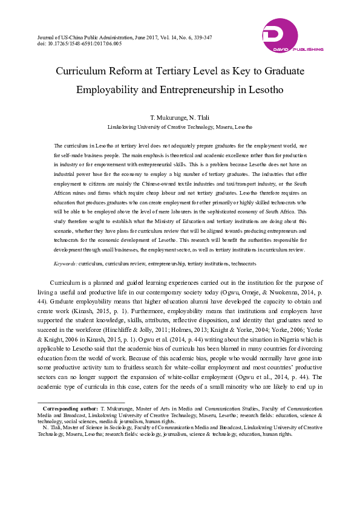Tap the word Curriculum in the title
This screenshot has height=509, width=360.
click(x=82, y=71)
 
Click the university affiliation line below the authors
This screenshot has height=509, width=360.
click(x=180, y=128)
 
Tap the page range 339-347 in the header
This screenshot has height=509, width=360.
click(x=201, y=37)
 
